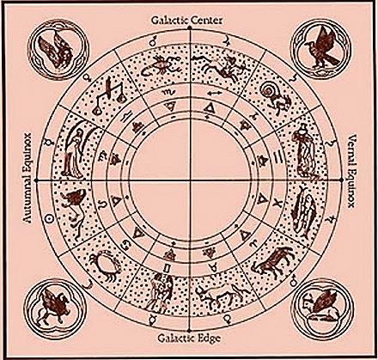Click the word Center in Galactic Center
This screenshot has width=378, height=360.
(206, 21)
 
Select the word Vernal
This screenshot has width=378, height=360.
(351, 149)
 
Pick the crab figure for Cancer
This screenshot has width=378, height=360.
(104, 264)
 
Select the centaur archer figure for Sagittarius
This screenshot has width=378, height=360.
(221, 66)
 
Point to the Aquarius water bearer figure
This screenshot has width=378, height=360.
(304, 150)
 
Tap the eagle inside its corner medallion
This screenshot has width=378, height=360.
(321, 48)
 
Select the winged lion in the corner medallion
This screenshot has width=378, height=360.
(54, 308)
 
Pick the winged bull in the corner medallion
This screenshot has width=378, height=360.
(320, 304)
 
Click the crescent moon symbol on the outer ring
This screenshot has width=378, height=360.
(87, 284)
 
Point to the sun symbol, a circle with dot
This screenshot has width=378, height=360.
(50, 218)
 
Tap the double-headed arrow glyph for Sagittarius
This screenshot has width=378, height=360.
(215, 94)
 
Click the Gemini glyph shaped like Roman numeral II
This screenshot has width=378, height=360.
(167, 268)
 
